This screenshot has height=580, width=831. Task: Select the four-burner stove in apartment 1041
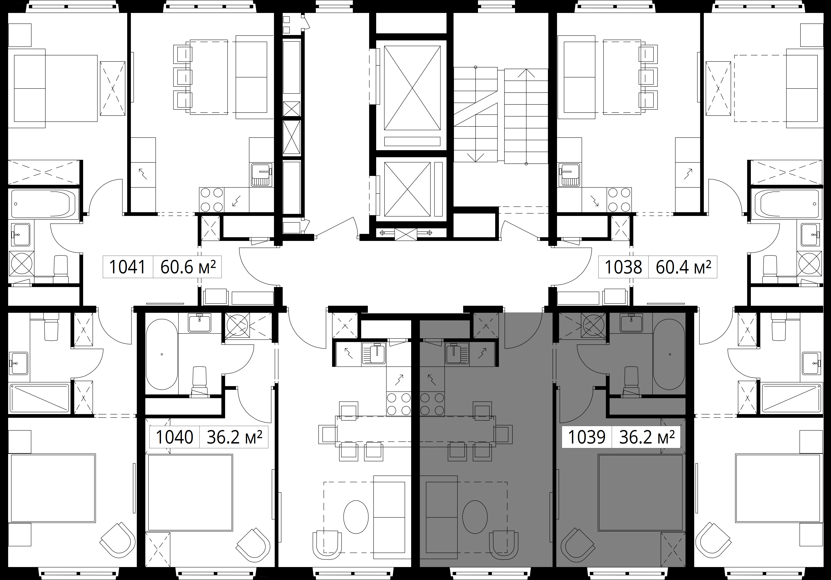[x=212, y=199]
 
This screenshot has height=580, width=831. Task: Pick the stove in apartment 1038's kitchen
[x=620, y=199]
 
